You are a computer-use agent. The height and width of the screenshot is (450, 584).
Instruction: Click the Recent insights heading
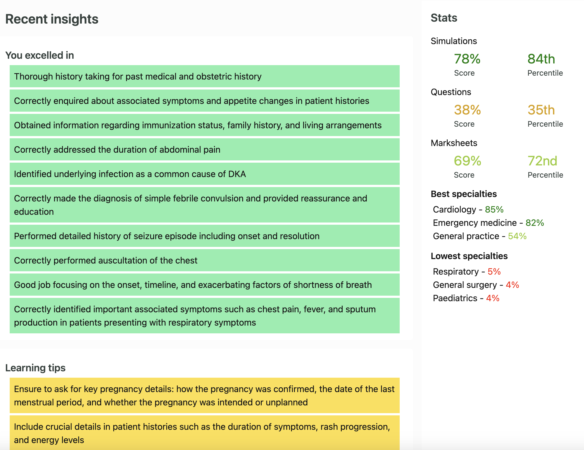point(52,19)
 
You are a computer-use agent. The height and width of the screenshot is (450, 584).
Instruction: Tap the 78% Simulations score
point(467,59)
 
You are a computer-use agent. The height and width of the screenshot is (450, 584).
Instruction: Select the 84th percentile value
point(541,59)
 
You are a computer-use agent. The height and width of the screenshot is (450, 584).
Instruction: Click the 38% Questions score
point(467,110)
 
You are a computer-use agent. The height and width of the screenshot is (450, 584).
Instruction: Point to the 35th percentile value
point(541,110)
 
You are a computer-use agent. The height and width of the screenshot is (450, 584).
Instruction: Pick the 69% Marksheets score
point(467,161)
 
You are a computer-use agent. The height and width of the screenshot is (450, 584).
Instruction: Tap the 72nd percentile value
point(542,161)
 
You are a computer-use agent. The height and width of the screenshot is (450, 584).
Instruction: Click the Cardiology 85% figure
point(494,209)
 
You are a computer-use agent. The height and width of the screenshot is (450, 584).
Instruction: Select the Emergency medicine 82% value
point(535,223)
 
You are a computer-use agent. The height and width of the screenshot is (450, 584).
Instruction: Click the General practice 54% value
point(517,236)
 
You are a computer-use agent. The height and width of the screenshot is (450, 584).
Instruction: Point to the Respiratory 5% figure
point(494,272)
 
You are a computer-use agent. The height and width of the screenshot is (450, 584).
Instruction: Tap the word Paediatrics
point(455,298)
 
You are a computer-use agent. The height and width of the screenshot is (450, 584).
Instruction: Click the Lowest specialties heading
point(469,256)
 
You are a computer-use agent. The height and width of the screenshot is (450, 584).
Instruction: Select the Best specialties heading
point(464,194)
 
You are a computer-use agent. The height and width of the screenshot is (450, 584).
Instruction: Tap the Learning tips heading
point(35,368)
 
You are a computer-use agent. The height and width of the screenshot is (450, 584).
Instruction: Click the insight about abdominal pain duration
point(117,150)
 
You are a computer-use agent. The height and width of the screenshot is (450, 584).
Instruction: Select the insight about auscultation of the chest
point(106,260)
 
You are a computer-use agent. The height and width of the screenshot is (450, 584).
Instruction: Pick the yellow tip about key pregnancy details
point(204,396)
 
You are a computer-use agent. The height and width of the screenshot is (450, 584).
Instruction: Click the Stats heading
point(444,18)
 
